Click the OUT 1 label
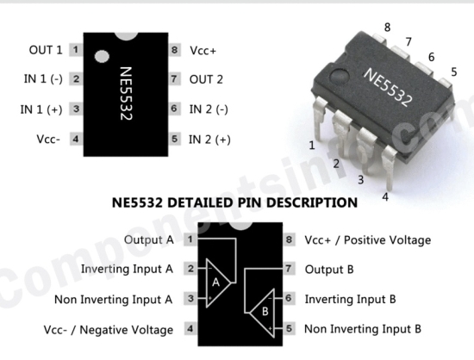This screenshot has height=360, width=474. point(46,50)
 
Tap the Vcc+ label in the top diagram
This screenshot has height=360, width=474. point(203,51)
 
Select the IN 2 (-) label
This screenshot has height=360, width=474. point(209,109)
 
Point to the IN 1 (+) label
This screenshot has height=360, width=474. point(41,109)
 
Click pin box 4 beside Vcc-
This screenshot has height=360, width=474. point(76,139)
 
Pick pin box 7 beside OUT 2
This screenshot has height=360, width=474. point(174,79)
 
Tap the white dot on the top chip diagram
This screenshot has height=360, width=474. point(102,57)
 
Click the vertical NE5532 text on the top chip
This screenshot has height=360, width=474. point(127,93)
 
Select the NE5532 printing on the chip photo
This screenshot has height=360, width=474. point(388,88)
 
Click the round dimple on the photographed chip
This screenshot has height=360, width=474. point(339,76)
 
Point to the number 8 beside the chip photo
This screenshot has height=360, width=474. point(387,28)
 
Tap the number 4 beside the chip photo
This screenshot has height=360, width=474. point(385,197)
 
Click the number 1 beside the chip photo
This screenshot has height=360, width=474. point(312,146)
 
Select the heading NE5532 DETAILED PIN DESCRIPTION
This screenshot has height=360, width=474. point(234,202)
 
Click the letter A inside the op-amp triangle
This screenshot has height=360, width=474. point(215,282)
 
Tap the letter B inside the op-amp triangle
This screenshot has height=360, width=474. point(265,311)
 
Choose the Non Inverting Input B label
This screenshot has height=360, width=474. point(363,329)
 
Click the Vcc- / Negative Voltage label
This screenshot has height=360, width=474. point(109,330)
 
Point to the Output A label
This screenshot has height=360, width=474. point(149,239)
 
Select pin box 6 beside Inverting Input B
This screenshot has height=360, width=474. point(289,298)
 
